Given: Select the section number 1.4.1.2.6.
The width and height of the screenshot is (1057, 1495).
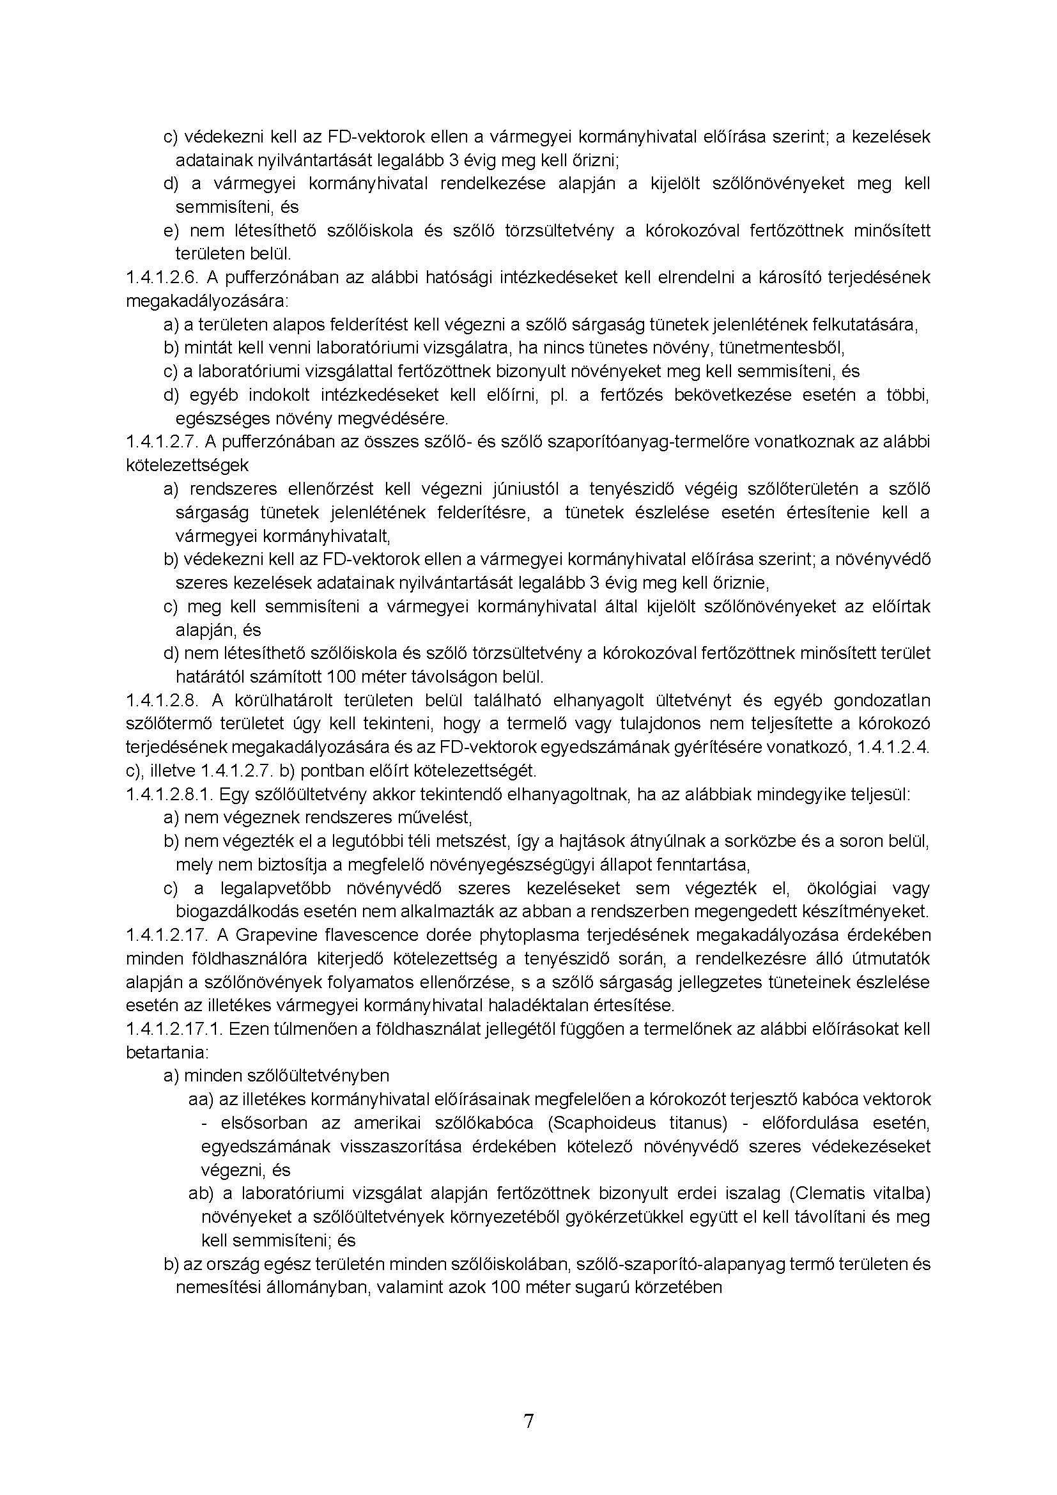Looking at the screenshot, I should pos(163,278).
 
